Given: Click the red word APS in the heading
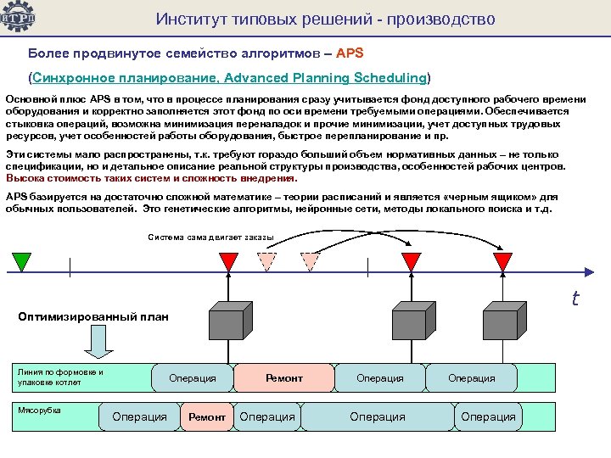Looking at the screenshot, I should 350,53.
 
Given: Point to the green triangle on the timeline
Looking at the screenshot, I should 21,260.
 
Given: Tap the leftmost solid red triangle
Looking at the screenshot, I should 229,260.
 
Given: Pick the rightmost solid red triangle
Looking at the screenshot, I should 504,260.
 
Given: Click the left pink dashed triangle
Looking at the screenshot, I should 267,260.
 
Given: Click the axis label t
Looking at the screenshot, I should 575,299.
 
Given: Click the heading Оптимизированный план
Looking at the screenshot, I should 93,317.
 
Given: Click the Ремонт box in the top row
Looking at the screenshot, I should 283,377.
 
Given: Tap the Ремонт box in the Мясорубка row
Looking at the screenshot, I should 206,416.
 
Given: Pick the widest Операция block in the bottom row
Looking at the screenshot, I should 377,416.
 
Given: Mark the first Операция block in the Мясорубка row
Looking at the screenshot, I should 139,416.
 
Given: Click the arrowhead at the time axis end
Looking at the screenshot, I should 591,271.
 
